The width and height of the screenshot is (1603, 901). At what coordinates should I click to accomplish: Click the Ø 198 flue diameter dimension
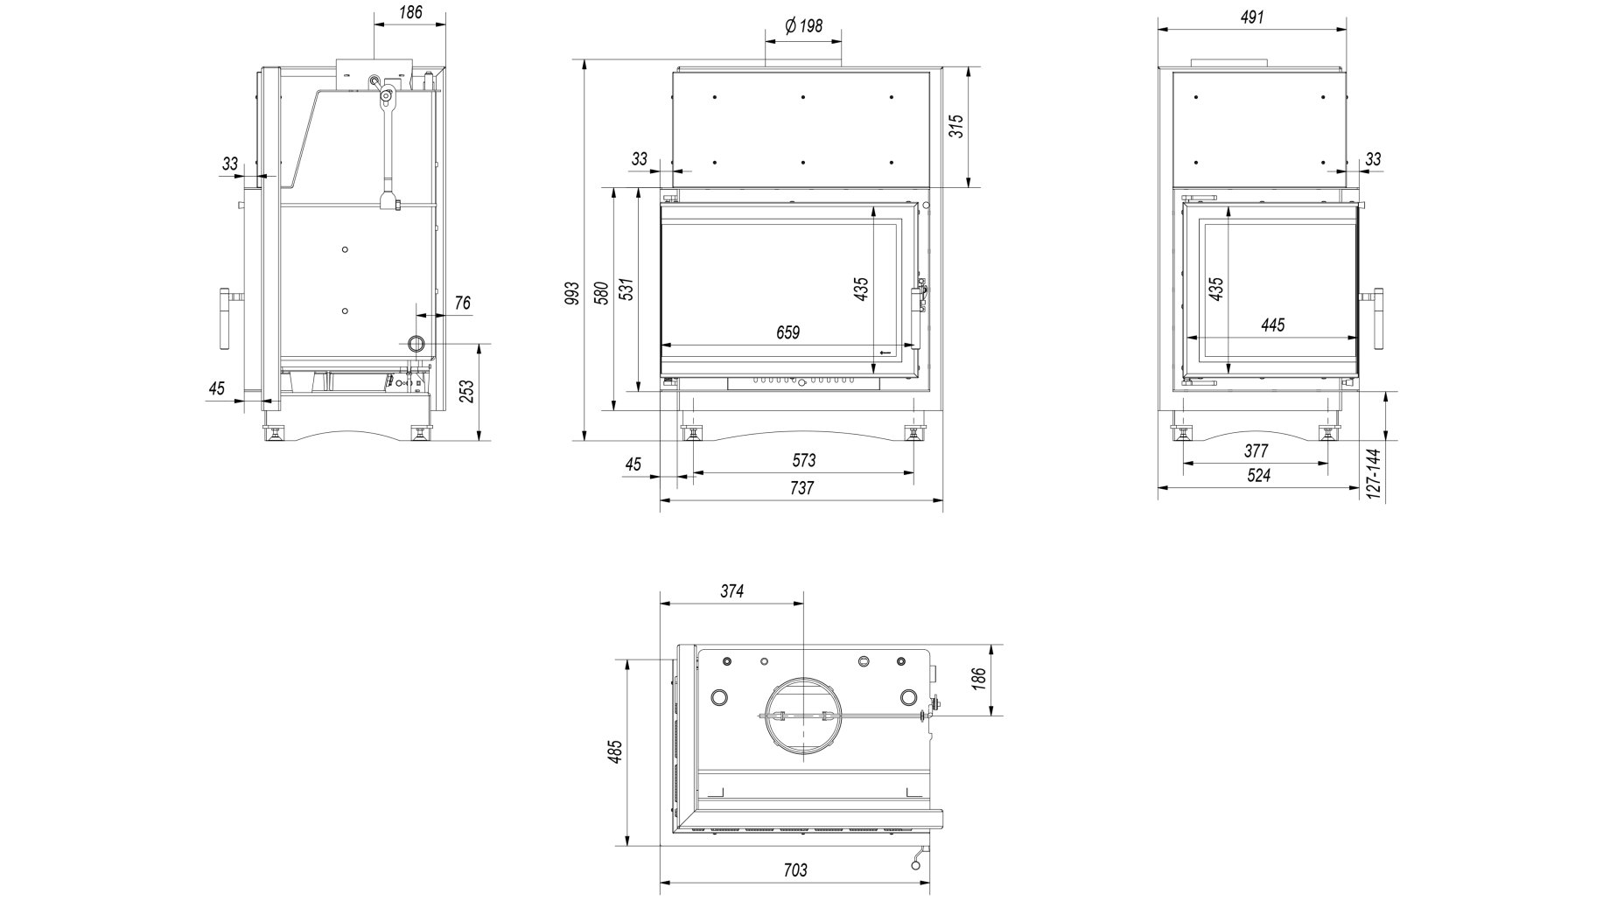click(803, 26)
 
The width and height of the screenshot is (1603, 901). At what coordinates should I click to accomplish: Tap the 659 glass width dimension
click(787, 332)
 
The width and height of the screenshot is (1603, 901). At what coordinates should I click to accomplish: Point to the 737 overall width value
click(801, 488)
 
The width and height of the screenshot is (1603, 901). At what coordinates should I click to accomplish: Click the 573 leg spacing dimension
click(803, 460)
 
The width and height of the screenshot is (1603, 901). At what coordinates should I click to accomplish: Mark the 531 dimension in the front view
click(626, 291)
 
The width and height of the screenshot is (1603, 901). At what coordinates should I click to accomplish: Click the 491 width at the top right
click(1252, 17)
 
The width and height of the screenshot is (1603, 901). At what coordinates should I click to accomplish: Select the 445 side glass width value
click(1273, 325)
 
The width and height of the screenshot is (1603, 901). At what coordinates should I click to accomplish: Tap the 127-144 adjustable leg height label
click(1373, 474)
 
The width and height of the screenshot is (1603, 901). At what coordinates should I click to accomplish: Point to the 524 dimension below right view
click(1258, 476)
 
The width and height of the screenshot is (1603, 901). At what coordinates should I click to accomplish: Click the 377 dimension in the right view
click(1256, 451)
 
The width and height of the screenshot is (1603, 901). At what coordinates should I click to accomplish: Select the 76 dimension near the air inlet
click(463, 303)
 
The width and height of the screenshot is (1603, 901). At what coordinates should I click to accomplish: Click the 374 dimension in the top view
click(731, 591)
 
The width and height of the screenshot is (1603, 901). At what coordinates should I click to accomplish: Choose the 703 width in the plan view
click(794, 870)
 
